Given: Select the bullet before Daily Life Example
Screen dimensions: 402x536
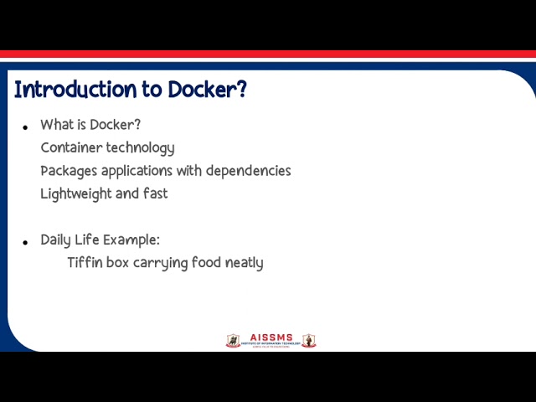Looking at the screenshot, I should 25,243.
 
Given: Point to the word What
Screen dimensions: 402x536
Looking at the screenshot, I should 57,125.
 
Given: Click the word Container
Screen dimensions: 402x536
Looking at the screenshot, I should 71,148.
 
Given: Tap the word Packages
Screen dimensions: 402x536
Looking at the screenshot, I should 70,171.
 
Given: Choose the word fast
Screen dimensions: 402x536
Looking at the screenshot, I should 155,193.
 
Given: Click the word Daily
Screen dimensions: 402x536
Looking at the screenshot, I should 57,240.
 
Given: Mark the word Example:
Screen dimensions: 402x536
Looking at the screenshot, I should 131,240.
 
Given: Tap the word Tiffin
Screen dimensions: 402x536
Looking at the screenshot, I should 85,263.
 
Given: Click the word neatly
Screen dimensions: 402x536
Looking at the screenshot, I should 244,263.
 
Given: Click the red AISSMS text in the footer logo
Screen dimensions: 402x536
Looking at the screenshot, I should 271,338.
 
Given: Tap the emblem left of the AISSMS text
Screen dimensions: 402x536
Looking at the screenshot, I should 233,341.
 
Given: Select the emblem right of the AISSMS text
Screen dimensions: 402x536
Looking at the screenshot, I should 309,341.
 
